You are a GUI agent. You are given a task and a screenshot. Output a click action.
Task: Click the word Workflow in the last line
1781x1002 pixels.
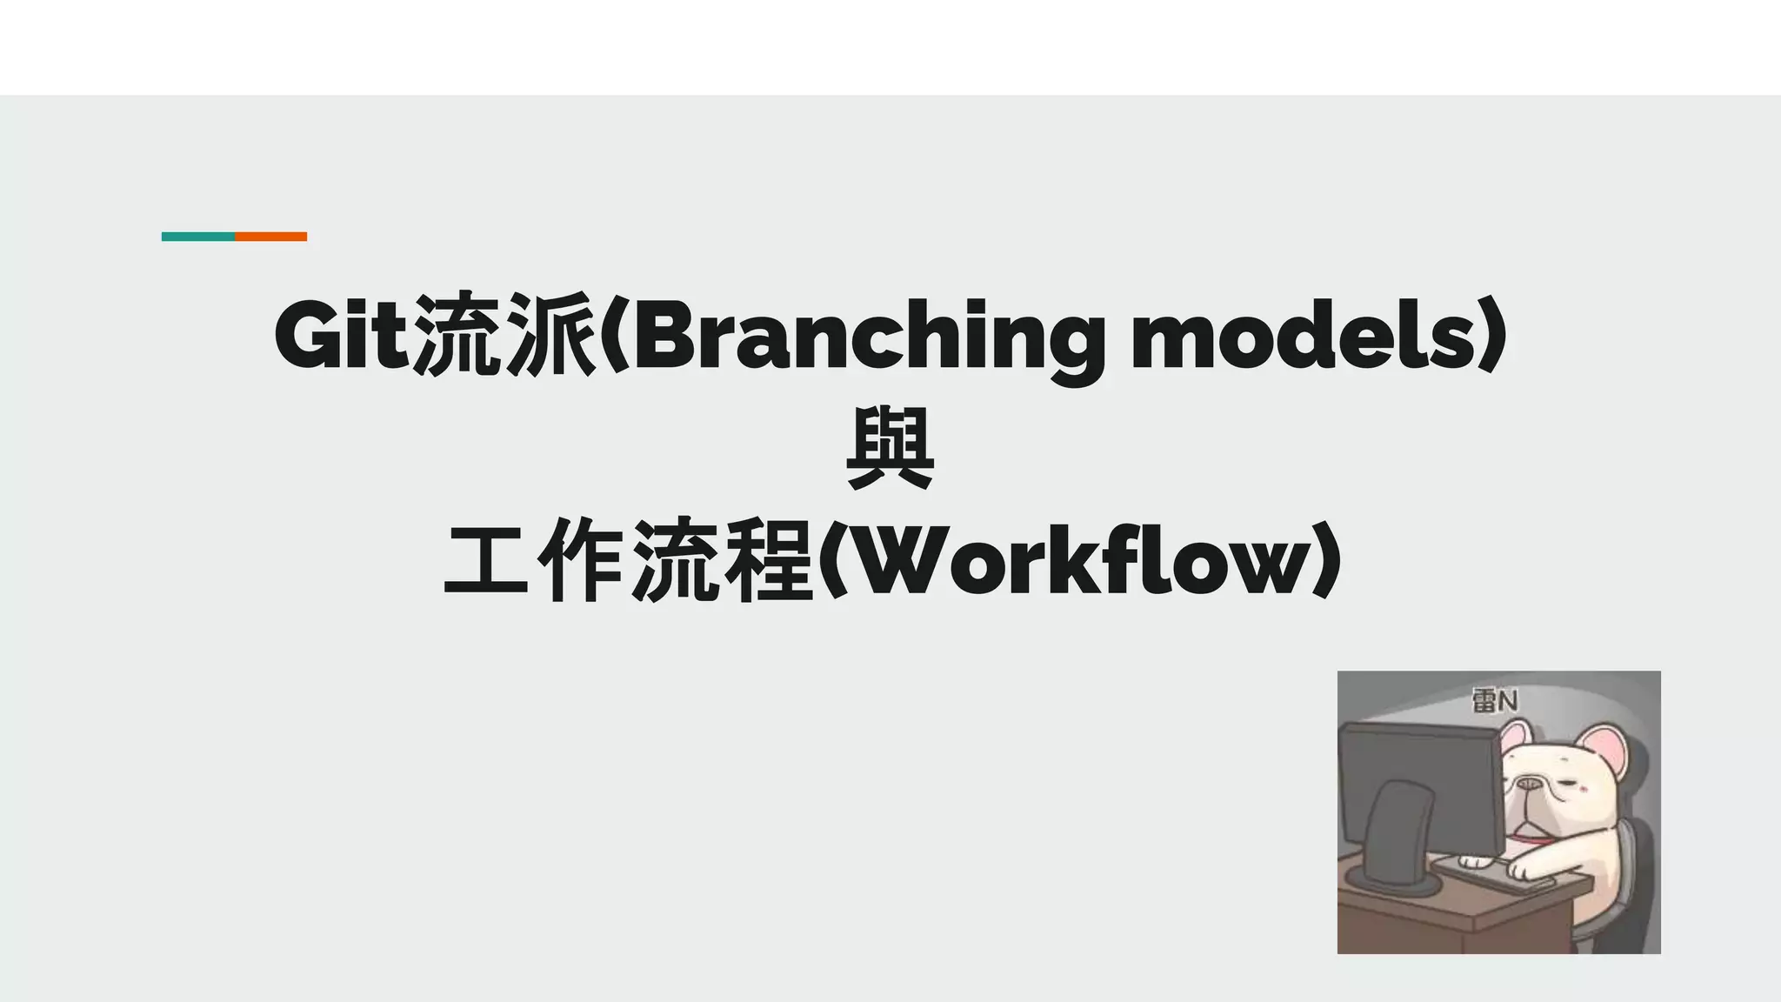point(1078,562)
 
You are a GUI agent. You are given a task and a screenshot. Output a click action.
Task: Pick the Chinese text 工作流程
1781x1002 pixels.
point(628,561)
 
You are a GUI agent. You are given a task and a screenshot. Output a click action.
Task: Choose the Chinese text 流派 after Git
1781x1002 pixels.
point(504,336)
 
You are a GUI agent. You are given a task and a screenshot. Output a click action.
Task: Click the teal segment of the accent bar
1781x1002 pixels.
point(198,237)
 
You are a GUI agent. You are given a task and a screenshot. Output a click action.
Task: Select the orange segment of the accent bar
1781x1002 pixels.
point(271,237)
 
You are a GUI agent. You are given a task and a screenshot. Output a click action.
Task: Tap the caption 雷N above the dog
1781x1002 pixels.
point(1494,701)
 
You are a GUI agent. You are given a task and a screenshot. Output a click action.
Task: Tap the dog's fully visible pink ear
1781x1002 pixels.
point(1605,751)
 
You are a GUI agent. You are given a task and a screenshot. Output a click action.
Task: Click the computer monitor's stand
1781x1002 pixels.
point(1397,835)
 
